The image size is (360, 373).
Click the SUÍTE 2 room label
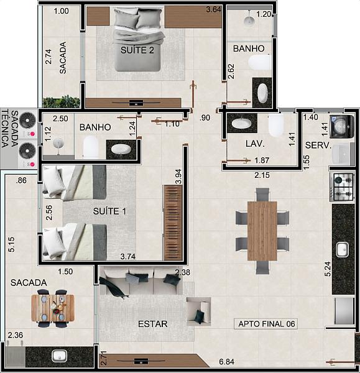point(137,50)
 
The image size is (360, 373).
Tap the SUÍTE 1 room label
point(109,211)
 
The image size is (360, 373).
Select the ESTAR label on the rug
point(153,324)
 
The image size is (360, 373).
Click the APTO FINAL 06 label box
point(265,324)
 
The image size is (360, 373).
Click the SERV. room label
point(318,145)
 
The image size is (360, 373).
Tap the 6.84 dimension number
point(226,362)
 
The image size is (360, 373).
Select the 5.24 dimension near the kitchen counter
point(328,269)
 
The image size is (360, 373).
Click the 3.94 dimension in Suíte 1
point(178,177)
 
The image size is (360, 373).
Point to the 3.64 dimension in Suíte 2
point(213,9)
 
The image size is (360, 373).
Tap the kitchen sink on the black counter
point(342,249)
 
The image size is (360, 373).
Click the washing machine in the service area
point(342,127)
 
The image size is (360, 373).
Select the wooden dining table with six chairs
point(262,231)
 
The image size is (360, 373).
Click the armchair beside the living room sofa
point(199,311)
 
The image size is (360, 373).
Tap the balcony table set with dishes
point(53,308)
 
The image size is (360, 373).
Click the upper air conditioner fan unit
point(27,121)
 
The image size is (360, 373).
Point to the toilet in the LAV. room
point(276,125)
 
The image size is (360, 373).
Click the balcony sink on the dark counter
point(59,356)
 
